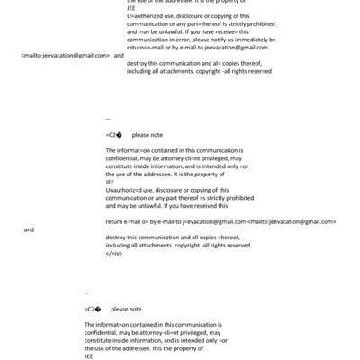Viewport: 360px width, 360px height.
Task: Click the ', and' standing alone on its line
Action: tap(27, 229)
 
